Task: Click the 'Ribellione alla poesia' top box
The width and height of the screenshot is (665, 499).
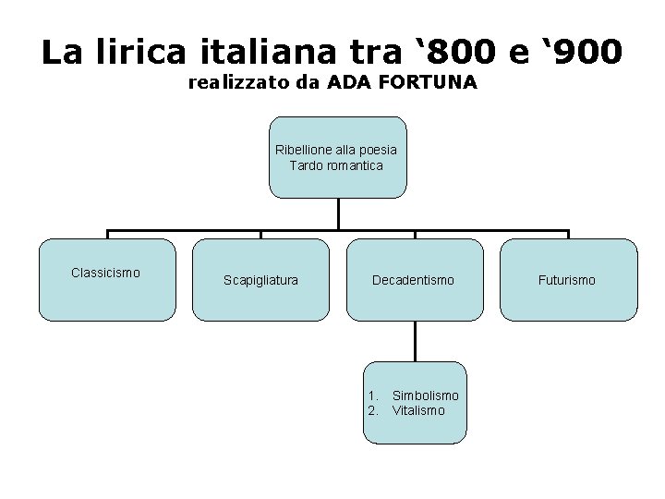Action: [x=336, y=157]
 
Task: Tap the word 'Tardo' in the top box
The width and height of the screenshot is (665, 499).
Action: [x=307, y=166]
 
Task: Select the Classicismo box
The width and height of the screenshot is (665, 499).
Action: [x=106, y=279]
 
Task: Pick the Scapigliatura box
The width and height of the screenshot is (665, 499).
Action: [x=260, y=279]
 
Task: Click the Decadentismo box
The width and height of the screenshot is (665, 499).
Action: [x=413, y=279]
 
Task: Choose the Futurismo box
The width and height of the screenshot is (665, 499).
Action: [x=569, y=279]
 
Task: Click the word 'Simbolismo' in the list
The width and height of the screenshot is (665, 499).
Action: [x=425, y=396]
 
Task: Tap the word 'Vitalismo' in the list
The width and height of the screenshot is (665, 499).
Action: [x=418, y=409]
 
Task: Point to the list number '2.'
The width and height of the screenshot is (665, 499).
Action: [x=373, y=409]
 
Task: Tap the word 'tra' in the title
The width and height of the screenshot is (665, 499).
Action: [x=360, y=52]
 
